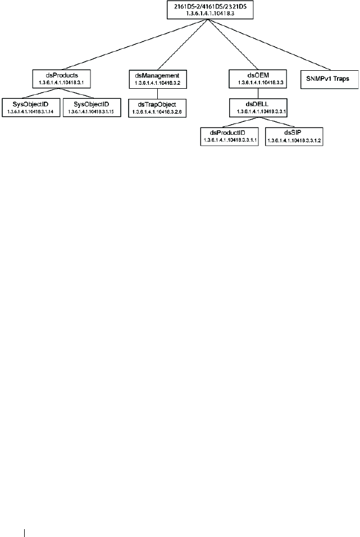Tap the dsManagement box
[157, 78]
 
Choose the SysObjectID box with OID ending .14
[29, 107]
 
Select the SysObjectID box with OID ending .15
[90, 107]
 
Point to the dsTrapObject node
[157, 107]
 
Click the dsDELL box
[258, 107]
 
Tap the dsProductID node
[229, 136]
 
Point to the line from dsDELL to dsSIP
[276, 122]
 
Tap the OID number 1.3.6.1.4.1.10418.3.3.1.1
[229, 140]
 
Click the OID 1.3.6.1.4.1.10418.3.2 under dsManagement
[157, 82]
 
